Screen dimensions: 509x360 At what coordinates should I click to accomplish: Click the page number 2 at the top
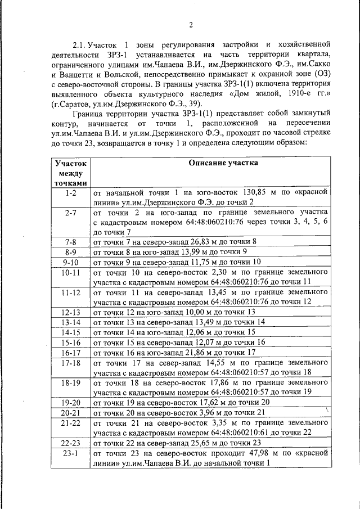coord(191,25)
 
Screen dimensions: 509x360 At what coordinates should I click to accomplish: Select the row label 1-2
coord(71,193)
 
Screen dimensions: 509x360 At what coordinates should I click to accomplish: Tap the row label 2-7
coord(71,213)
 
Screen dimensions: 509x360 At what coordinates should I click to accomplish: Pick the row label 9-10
coord(71,262)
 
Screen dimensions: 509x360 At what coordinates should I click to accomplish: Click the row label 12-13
coord(71,312)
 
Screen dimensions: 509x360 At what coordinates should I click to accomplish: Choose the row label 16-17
coord(71,353)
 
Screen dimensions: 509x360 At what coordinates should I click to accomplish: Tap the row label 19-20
coord(71,402)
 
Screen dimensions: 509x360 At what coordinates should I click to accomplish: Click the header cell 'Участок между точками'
coord(71,173)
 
